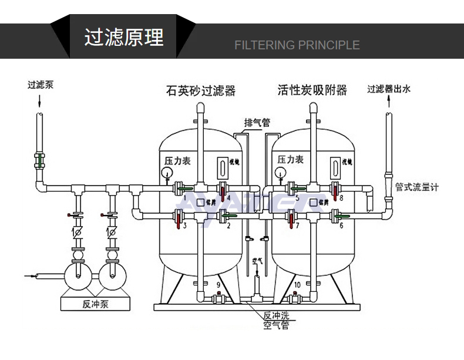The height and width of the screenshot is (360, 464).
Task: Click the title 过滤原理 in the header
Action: click(123, 37)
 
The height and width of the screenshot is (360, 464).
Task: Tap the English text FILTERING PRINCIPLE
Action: click(297, 45)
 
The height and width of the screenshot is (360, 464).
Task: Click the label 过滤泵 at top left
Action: click(40, 84)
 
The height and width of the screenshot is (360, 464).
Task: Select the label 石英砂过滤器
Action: click(200, 90)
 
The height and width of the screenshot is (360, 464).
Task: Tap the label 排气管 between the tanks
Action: click(257, 123)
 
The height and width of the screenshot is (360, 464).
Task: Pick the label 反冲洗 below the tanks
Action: click(276, 315)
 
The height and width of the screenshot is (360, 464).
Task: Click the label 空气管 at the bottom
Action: click(276, 325)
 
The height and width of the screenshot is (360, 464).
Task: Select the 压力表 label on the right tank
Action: click(290, 160)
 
